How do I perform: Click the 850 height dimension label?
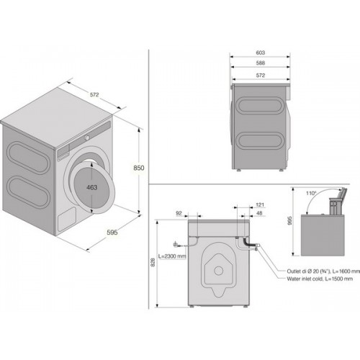click(139, 168)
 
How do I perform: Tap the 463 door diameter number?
click(91, 187)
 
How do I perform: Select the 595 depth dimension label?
click(112, 232)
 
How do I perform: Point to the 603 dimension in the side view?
click(261, 53)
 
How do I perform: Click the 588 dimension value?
click(261, 63)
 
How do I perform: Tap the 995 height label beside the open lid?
click(289, 220)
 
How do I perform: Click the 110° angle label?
click(311, 193)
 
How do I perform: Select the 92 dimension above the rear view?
click(179, 213)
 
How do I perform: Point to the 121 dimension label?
click(260, 204)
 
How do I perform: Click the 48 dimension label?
click(259, 213)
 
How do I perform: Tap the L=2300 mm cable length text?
click(172, 256)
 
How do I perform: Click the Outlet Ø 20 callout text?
click(323, 271)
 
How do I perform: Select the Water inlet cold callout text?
click(320, 279)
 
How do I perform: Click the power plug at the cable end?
click(176, 245)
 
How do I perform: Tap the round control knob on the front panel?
click(87, 138)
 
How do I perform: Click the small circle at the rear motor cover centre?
click(218, 271)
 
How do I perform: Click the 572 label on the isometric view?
click(94, 95)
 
